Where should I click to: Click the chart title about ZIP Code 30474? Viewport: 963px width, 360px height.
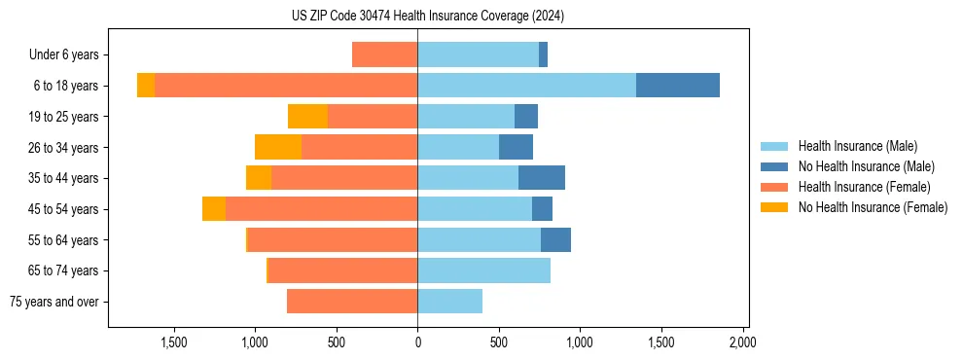coord(427,17)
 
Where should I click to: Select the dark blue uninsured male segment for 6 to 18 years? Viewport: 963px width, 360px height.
coord(677,86)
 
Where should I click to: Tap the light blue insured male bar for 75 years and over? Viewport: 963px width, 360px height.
coord(449,302)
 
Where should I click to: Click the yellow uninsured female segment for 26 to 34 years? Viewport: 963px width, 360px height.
coord(278,147)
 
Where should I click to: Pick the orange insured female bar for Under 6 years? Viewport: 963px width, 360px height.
coord(384,54)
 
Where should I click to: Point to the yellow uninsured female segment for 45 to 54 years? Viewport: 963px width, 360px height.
coord(214,209)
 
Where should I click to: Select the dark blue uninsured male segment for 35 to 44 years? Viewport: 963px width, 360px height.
coord(542,178)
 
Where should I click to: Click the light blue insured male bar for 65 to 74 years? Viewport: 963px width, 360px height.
coord(483,270)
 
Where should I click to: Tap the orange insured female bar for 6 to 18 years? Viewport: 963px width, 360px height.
coord(286,86)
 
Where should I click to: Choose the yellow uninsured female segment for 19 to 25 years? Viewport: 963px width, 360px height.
coord(307,117)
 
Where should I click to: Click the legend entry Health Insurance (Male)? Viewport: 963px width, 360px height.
coord(857,146)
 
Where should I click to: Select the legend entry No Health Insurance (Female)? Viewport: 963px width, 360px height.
coord(873,207)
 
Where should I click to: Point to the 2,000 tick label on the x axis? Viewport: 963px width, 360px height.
coord(742,342)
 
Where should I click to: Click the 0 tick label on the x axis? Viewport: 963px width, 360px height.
coord(417,342)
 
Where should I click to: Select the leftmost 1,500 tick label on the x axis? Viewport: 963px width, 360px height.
coord(173,342)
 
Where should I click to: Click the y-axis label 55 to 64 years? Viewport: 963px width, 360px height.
coord(65,240)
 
